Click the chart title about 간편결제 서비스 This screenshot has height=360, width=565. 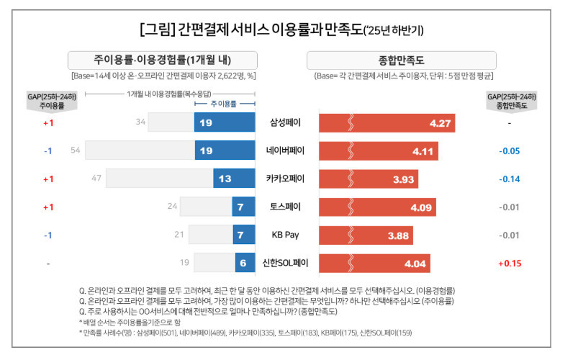coord(281,31)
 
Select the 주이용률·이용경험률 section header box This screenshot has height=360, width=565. coord(163,60)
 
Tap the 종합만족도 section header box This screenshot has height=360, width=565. coord(402,60)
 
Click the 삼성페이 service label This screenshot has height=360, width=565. coord(286,123)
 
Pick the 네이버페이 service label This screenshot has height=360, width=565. coord(286,151)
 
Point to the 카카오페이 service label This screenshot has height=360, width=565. coord(286,179)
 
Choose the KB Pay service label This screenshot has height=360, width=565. coord(286,235)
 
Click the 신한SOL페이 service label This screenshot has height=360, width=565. coord(286,264)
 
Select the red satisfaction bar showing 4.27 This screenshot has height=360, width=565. coord(387,123)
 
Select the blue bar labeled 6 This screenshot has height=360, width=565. coord(245,264)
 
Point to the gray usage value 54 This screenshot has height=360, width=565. coord(75,151)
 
